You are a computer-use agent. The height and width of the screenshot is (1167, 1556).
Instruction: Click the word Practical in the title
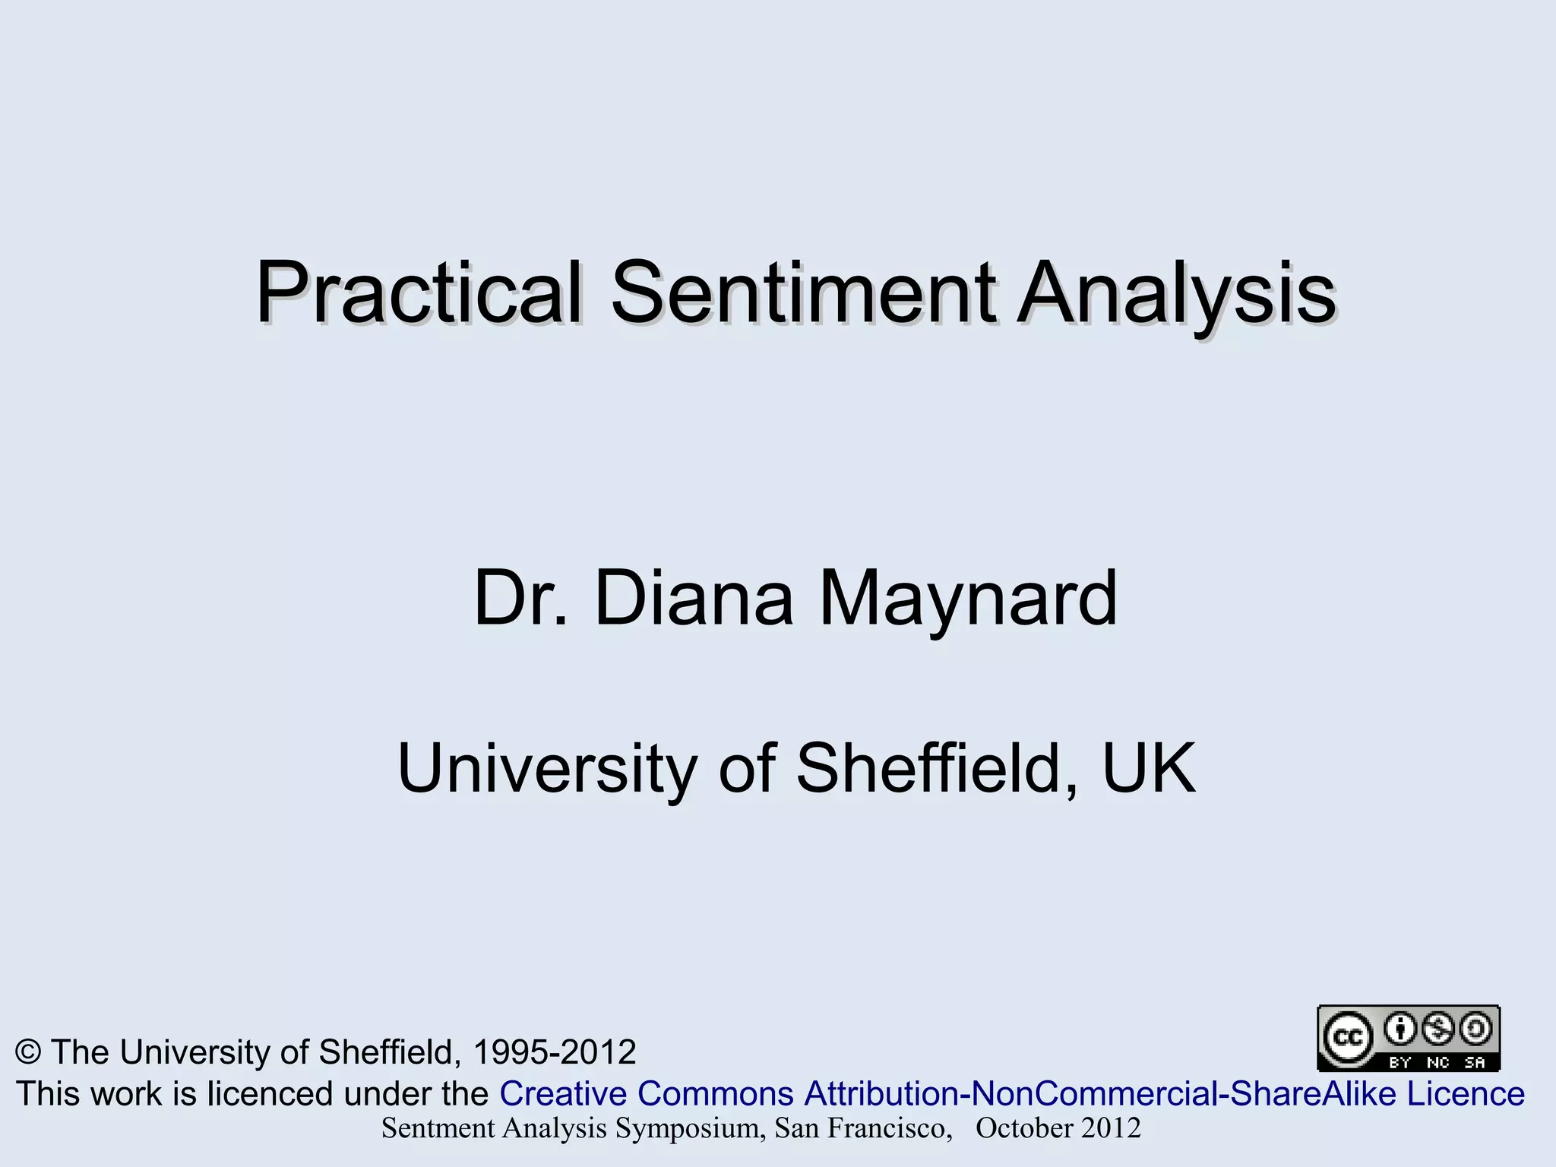(418, 294)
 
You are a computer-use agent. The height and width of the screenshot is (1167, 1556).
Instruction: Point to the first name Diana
(694, 599)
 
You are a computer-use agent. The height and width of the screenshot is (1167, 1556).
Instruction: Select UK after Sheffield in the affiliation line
(1149, 769)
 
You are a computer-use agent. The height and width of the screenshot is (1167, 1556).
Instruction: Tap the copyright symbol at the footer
(28, 1052)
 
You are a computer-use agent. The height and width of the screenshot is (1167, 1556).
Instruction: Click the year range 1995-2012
(554, 1052)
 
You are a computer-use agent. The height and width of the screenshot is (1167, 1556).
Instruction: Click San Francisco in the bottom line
(862, 1129)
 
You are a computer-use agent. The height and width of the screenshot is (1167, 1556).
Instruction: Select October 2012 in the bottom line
(1058, 1129)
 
